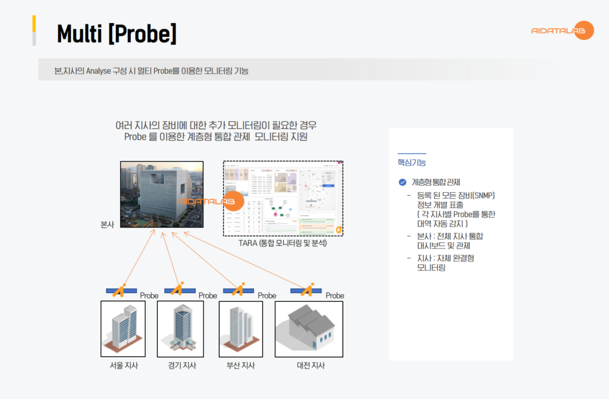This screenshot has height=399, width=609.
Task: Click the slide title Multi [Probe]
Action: click(117, 34)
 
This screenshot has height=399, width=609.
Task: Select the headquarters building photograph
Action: click(162, 194)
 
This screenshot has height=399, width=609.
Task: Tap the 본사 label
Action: click(108, 225)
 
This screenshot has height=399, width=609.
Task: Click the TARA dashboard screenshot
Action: click(283, 198)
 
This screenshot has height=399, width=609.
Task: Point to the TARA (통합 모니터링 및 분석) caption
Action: click(283, 243)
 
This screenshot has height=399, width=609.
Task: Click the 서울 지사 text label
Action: click(124, 365)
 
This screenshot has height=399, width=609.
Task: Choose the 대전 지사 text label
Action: click(310, 365)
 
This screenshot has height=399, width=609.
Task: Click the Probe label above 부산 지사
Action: click(267, 295)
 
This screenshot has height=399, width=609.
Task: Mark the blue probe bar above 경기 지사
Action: click(180, 291)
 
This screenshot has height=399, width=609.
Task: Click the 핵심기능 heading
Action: click(412, 162)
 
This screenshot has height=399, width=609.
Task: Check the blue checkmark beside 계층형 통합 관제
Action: click(403, 182)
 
